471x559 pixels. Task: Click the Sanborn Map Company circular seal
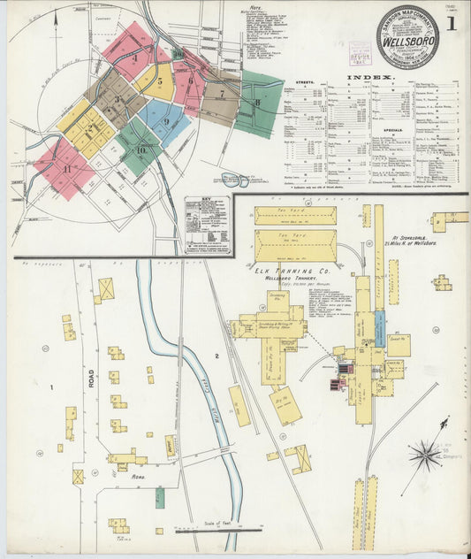point(407,38)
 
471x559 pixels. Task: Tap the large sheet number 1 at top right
point(451,24)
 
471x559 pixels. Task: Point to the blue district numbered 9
point(164,121)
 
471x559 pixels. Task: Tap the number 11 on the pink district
point(66,168)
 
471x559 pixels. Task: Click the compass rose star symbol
point(427,456)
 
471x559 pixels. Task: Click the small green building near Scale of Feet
point(160,496)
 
